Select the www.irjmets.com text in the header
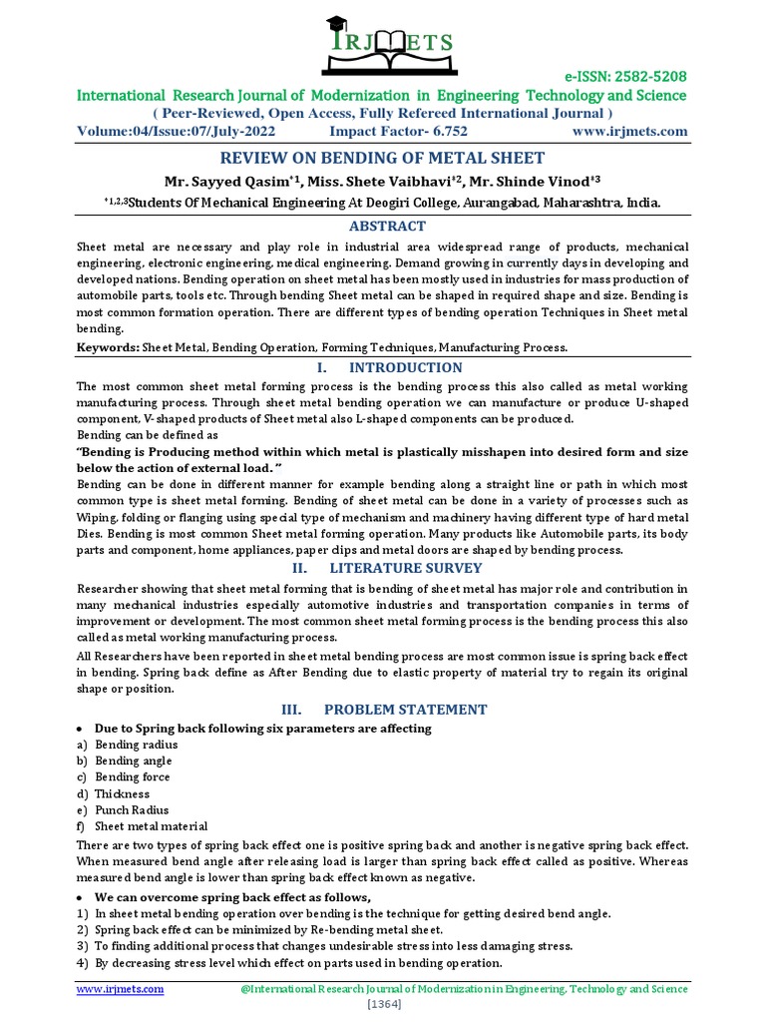click(629, 131)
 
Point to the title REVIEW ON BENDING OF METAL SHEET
click(382, 158)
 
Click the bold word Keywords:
click(107, 347)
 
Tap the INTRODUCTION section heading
click(402, 367)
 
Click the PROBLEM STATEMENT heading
click(405, 710)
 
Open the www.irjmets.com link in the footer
click(121, 988)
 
